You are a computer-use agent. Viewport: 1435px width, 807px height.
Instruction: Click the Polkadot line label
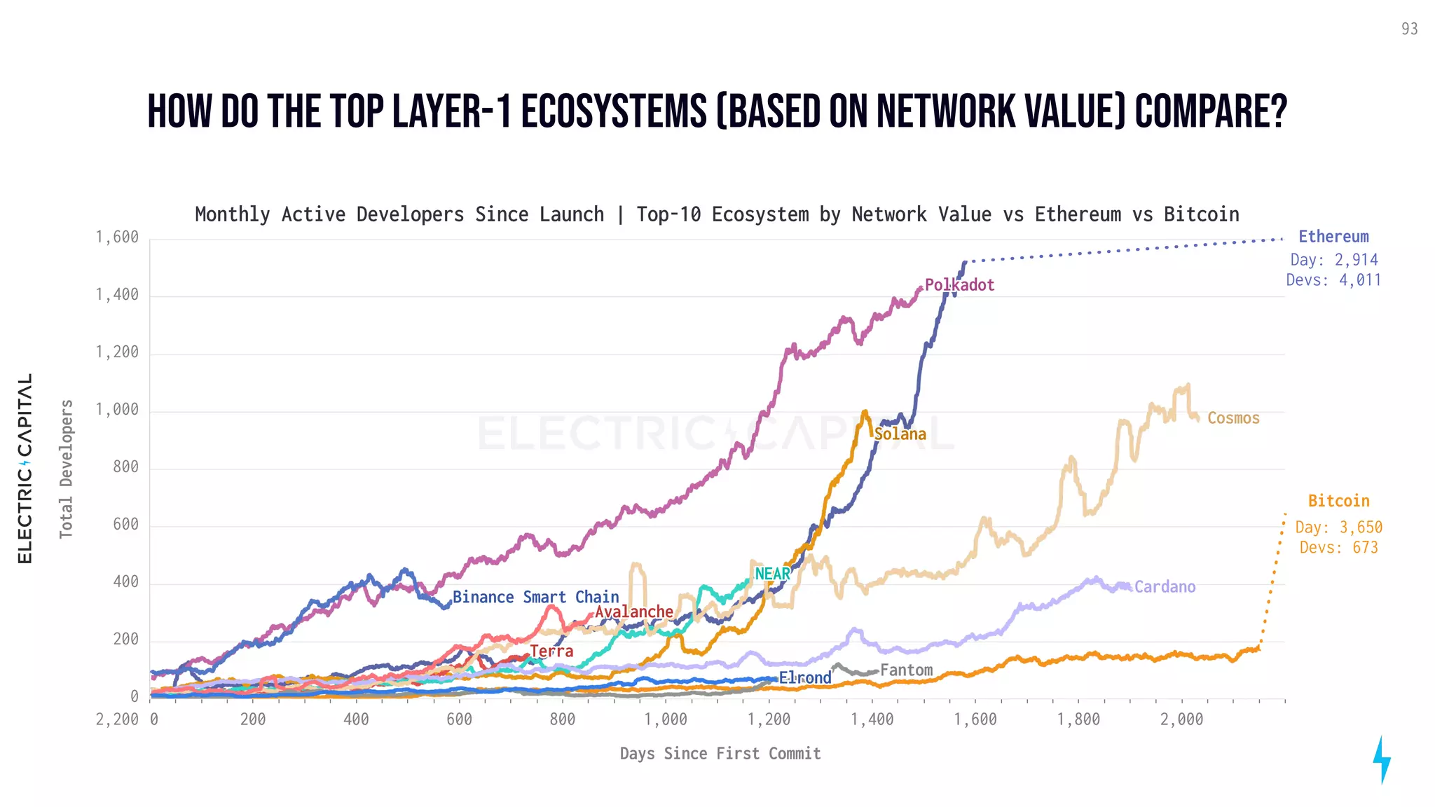[x=959, y=285]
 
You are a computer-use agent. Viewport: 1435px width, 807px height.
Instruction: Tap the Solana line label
[x=900, y=434]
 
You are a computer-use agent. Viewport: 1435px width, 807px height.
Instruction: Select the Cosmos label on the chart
[x=1233, y=418]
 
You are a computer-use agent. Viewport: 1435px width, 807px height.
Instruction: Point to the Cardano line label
[x=1165, y=587]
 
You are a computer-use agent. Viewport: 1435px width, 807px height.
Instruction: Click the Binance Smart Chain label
[x=536, y=598]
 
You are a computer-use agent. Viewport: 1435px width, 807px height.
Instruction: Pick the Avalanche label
[x=634, y=612]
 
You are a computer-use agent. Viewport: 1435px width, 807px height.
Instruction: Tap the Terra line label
[x=552, y=651]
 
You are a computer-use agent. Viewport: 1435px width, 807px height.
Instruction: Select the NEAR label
[x=772, y=574]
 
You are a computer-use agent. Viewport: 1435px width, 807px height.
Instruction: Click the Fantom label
[x=906, y=670]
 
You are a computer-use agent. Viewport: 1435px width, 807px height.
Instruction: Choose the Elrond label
[x=805, y=678]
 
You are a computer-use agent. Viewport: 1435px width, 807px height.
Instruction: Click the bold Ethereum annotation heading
[x=1333, y=237]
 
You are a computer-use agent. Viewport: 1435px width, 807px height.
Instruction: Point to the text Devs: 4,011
[x=1333, y=280]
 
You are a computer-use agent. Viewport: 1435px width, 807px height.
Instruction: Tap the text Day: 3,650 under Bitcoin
[x=1338, y=527]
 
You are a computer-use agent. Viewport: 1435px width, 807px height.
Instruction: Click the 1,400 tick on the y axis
[x=117, y=295]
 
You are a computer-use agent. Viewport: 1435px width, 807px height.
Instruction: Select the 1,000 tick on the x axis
[x=666, y=719]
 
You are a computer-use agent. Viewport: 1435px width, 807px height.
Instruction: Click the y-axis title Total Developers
[x=66, y=469]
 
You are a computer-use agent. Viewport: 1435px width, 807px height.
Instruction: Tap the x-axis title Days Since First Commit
[x=720, y=754]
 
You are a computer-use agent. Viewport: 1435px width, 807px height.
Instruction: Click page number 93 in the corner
[x=1409, y=29]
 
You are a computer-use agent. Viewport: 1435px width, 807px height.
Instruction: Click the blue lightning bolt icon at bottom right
[x=1381, y=759]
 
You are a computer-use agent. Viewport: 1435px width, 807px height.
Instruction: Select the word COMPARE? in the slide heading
[x=1211, y=112]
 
